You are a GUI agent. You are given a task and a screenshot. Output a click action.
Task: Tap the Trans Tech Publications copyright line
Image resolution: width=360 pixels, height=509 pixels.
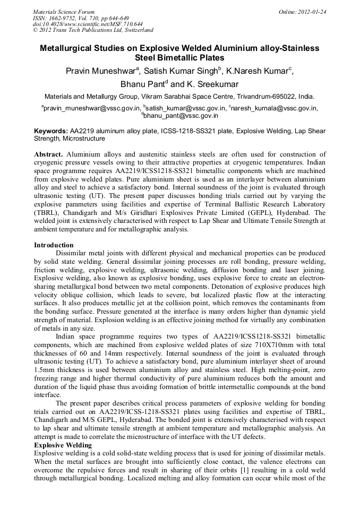[x=93, y=30]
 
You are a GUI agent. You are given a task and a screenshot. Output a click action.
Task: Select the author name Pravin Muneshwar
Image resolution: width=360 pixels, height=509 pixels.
[x=100, y=72]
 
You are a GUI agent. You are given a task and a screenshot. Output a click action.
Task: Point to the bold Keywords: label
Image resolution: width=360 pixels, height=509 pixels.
[x=51, y=131]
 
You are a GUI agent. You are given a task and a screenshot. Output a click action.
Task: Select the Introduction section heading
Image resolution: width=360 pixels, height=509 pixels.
[x=54, y=245]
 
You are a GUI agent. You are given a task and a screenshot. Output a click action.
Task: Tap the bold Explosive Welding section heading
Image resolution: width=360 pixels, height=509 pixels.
[x=63, y=445]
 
